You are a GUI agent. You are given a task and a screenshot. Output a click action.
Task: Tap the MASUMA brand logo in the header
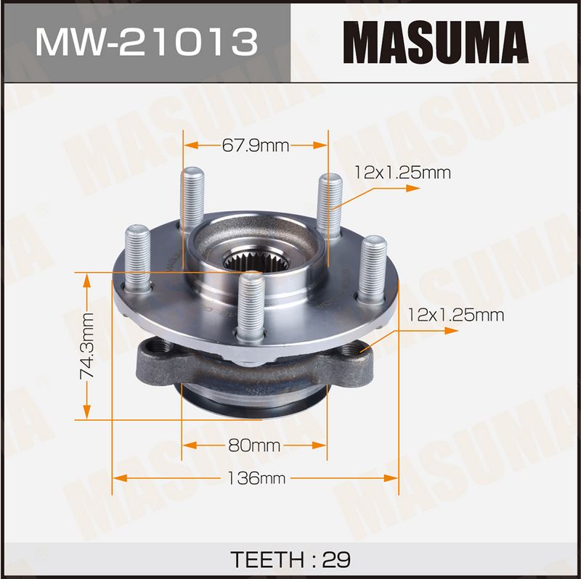point(436,42)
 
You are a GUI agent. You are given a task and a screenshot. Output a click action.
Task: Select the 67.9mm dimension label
point(256,146)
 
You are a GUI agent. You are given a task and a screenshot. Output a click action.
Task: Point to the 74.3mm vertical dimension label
point(86,346)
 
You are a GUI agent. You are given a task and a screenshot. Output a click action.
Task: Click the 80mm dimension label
point(254,445)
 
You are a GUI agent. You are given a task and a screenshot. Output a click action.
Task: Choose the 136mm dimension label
point(256,478)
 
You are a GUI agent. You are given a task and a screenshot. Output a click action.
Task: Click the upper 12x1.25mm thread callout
point(403,173)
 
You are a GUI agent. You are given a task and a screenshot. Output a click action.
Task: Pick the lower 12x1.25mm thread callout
point(456,315)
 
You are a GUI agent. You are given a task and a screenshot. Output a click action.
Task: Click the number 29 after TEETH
point(336,559)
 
